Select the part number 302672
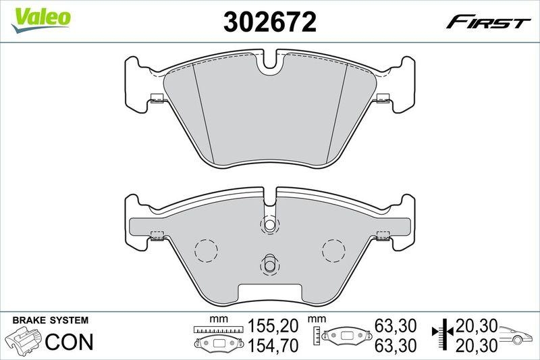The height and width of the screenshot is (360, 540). pyautogui.click(x=270, y=22)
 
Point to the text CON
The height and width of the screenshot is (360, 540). pyautogui.click(x=69, y=342)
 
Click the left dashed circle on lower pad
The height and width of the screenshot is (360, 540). pyautogui.click(x=205, y=251)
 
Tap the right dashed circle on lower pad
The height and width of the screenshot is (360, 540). pyautogui.click(x=333, y=251)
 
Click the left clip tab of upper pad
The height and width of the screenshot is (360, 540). pyautogui.click(x=157, y=97)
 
